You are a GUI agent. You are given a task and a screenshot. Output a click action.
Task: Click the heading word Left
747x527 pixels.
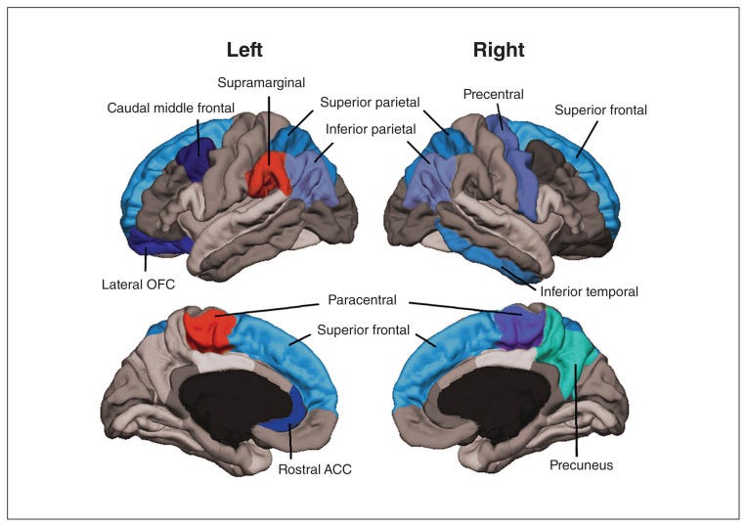point(244,50)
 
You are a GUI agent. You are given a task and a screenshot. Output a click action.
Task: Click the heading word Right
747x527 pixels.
point(499,50)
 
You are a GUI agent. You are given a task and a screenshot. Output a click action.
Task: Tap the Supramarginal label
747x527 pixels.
point(261,82)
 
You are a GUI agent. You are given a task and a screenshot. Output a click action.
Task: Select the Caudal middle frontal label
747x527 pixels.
point(170,109)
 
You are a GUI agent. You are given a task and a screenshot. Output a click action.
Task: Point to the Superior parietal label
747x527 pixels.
point(370,103)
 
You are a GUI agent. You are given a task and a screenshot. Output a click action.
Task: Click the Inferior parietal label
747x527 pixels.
point(371,129)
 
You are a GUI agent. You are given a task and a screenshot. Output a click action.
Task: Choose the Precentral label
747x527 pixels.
point(493,94)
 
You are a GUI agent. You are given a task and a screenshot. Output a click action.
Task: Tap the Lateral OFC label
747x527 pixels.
point(138,285)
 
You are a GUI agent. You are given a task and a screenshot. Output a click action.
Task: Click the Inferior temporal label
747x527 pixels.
point(589,291)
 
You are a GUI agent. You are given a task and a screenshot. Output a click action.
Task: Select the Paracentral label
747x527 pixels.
point(362,300)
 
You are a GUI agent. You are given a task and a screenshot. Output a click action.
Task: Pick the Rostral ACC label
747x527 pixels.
point(315,469)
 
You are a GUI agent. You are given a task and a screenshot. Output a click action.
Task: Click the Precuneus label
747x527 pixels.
point(581,465)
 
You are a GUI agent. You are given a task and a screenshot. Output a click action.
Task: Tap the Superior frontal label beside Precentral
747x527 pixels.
point(600,110)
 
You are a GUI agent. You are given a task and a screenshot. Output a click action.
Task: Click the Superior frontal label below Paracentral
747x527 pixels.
point(364,330)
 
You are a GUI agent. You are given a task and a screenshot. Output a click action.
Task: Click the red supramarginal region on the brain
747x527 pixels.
point(268,174)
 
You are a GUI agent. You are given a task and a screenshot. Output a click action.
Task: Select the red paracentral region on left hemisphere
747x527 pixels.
point(209,329)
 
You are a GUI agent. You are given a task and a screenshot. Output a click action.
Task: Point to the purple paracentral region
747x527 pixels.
point(519,329)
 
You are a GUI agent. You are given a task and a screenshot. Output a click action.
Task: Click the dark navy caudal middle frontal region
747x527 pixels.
point(195,157)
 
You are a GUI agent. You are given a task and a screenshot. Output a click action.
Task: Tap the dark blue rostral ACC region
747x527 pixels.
point(285,411)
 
